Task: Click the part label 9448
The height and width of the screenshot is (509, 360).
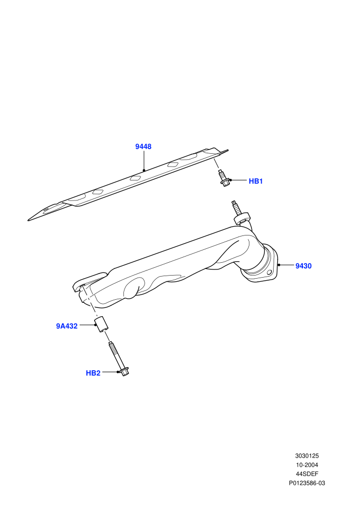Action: (x=143, y=147)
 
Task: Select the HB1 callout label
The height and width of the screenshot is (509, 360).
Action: (x=256, y=181)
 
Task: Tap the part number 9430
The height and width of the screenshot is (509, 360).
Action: (x=303, y=266)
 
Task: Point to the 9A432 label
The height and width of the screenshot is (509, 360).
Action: (x=67, y=326)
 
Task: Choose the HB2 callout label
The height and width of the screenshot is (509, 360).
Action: (x=93, y=373)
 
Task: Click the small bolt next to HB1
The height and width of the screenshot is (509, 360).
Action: (x=223, y=178)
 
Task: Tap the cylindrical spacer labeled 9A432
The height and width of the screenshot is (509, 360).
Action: (x=102, y=323)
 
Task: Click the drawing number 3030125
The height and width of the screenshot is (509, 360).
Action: (x=307, y=456)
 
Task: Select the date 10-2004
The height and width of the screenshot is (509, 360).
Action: (x=307, y=465)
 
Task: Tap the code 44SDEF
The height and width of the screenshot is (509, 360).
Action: (x=307, y=474)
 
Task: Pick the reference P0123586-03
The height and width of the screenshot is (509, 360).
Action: (x=307, y=483)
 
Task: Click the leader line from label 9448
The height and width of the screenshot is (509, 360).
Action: (x=143, y=160)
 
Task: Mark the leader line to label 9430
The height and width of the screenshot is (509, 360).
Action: (x=286, y=265)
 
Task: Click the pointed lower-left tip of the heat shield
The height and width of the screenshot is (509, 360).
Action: (x=28, y=221)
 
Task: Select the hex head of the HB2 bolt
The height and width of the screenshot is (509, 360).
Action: (x=124, y=372)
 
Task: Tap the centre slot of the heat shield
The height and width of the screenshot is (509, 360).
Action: (x=135, y=178)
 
